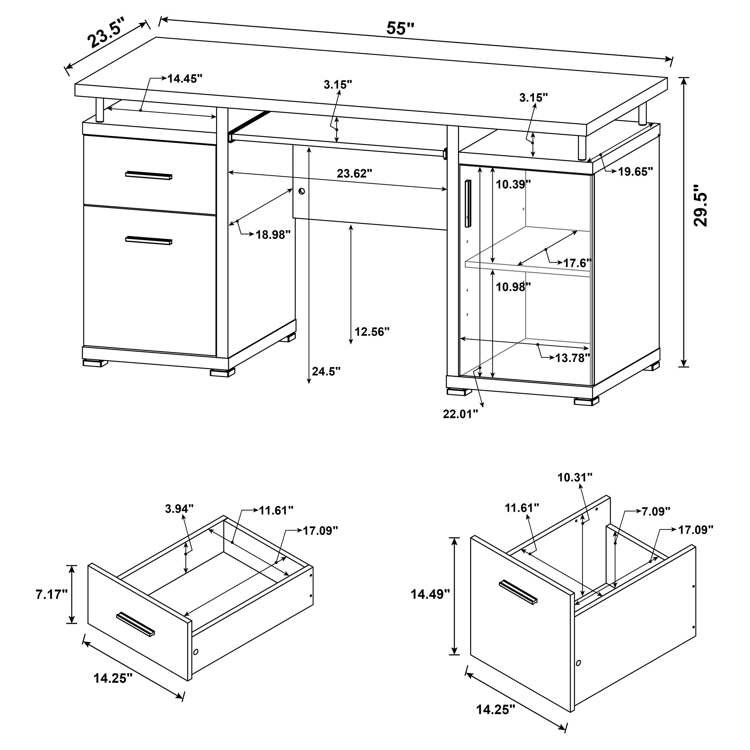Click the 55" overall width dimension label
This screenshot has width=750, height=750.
[x=400, y=28]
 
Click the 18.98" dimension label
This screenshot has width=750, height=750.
[x=273, y=235]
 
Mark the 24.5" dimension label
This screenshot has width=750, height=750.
[x=326, y=371]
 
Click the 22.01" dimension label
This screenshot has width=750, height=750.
[x=460, y=414]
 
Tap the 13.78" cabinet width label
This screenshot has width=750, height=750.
[x=572, y=358]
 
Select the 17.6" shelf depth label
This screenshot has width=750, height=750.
[x=577, y=263]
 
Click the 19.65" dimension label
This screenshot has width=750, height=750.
[x=635, y=172]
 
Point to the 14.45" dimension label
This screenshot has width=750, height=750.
[x=185, y=79]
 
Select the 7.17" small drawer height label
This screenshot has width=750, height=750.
[x=52, y=594]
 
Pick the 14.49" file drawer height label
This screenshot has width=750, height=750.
[x=430, y=594]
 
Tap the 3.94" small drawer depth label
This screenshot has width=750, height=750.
[x=179, y=509]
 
